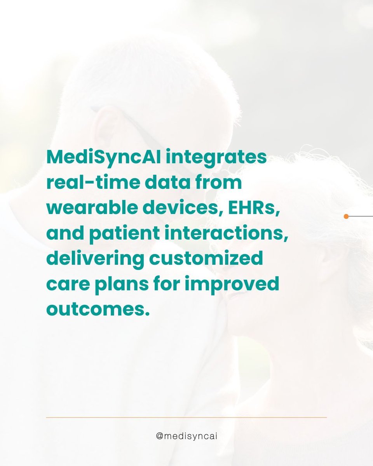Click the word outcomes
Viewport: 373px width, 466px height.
pyautogui.click(x=98, y=310)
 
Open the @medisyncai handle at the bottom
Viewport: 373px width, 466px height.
pyautogui.click(x=186, y=436)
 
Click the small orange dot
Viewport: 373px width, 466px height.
pyautogui.click(x=346, y=216)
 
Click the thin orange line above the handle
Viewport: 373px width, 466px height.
pyautogui.click(x=186, y=417)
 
